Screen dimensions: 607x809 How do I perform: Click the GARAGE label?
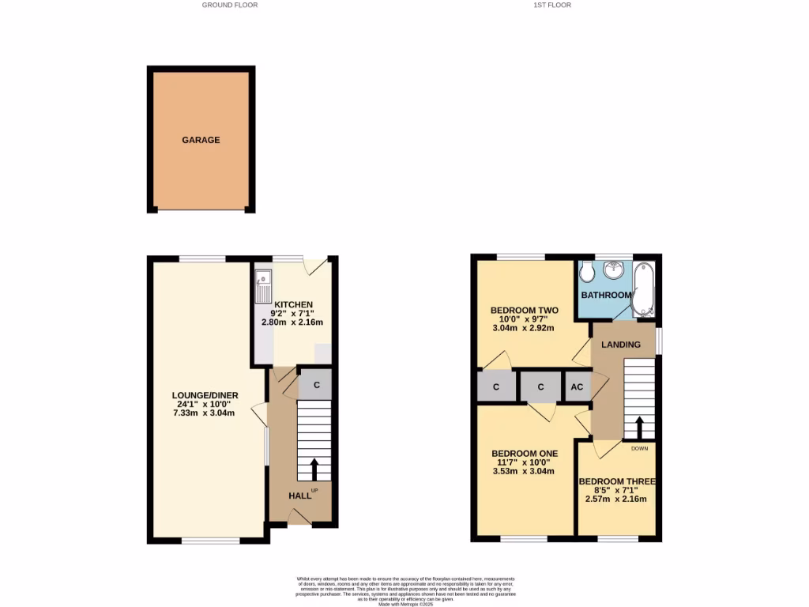pos(201,140)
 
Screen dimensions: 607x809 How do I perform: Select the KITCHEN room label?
pos(293,304)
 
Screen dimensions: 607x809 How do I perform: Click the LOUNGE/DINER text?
pos(205,395)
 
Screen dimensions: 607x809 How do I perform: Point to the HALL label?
pos(299,496)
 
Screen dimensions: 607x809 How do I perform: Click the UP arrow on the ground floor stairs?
pos(314,469)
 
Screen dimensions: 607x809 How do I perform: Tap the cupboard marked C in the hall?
pos(315,386)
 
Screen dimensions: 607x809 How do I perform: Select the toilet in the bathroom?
pos(586,273)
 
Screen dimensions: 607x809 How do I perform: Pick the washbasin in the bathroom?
pos(613,272)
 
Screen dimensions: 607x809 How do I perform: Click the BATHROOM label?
pos(606,295)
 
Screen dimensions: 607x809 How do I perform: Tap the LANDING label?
pos(621,345)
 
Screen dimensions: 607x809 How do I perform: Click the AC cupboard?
pos(577,387)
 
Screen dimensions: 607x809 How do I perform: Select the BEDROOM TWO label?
pos(525,310)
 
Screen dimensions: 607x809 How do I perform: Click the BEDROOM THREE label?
pos(616,481)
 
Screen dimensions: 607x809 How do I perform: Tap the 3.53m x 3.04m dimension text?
pos(523,471)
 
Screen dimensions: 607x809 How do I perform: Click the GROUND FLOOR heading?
pos(230,5)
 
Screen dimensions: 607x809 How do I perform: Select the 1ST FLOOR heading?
pos(552,5)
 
